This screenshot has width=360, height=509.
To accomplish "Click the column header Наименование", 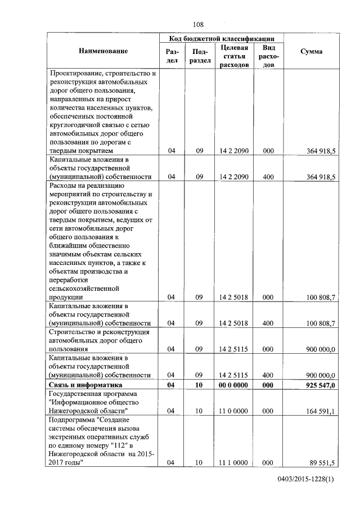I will [x=103, y=51].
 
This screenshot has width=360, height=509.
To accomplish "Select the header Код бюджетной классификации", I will [x=222, y=38].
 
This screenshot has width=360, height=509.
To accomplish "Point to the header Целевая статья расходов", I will [x=235, y=56].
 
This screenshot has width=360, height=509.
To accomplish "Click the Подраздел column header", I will [x=200, y=56].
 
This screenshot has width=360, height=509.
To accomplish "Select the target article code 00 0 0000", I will [x=234, y=385].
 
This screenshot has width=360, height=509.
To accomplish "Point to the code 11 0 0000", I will [x=234, y=411].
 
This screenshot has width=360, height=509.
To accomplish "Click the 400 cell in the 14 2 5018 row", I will [x=268, y=323].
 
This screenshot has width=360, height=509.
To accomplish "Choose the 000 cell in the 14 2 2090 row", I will [x=268, y=151].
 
